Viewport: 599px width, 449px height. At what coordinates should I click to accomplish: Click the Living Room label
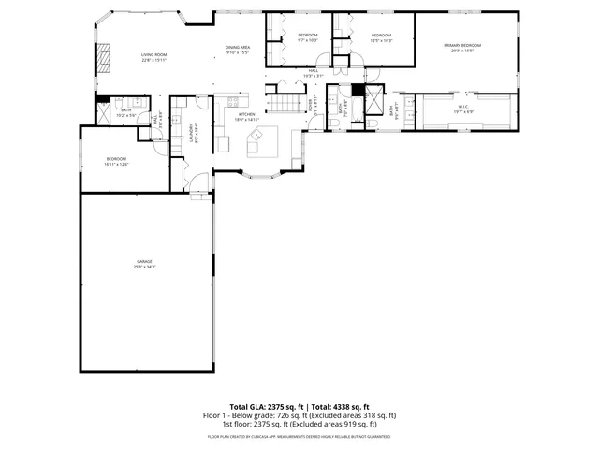tap(153, 58)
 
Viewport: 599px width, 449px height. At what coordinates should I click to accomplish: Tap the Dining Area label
tap(238, 50)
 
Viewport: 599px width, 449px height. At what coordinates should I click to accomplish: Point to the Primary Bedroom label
tap(462, 48)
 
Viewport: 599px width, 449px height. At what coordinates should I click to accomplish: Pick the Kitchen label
tap(246, 117)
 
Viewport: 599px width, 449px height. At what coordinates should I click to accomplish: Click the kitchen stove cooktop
tap(225, 144)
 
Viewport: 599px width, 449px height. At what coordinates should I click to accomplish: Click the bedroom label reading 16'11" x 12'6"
tap(116, 162)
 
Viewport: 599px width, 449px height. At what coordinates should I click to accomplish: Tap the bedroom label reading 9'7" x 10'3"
tap(308, 37)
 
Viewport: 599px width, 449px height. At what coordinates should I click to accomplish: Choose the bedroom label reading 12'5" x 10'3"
tap(380, 37)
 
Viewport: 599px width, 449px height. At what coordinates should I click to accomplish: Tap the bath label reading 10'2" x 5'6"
tap(126, 113)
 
